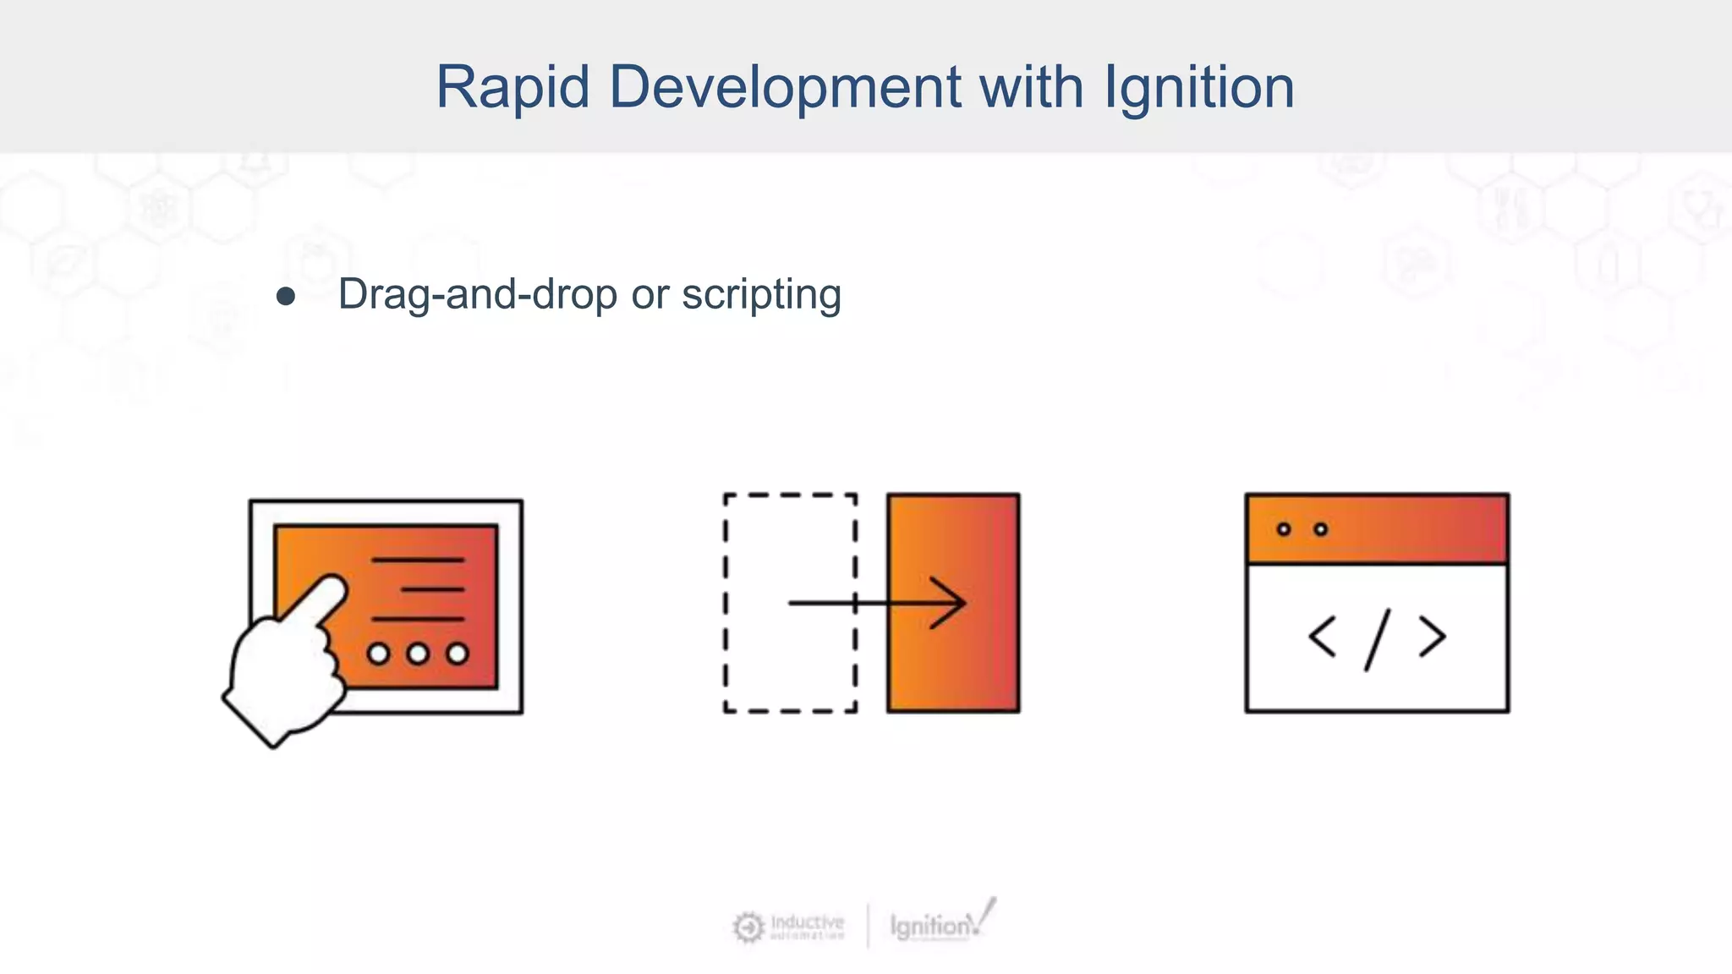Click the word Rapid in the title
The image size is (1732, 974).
(512, 87)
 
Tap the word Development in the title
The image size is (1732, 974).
(785, 87)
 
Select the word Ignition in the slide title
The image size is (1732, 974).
(1199, 87)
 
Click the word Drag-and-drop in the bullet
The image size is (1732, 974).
(478, 295)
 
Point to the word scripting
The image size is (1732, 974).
(761, 295)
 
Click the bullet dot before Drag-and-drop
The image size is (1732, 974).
(286, 296)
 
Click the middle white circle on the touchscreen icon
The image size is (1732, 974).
(418, 654)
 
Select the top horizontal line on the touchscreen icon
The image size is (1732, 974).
(418, 560)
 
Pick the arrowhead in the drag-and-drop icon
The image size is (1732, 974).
(951, 603)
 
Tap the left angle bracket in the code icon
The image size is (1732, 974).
(1322, 637)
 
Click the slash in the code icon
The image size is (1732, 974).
(1377, 640)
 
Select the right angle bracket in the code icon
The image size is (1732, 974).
(1433, 637)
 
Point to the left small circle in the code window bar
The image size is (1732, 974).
(1284, 529)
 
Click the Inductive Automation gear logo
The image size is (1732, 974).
(748, 927)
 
